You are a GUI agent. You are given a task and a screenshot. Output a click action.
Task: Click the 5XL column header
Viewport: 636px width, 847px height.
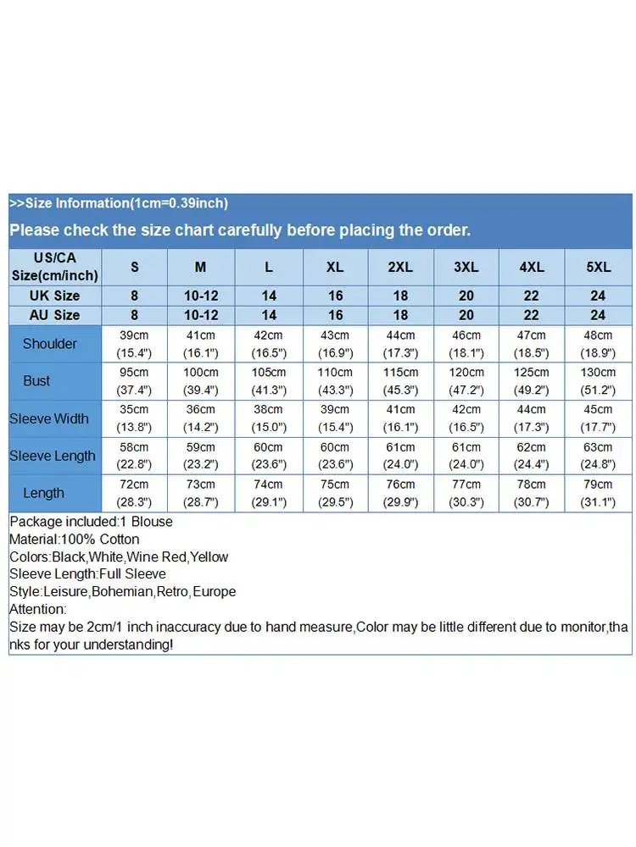click(598, 267)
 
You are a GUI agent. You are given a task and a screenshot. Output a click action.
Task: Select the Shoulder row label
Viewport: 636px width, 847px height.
click(49, 344)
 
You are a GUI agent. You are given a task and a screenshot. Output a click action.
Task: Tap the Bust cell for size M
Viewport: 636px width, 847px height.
click(200, 381)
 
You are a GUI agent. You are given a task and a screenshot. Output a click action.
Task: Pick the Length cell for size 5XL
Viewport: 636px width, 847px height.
click(598, 493)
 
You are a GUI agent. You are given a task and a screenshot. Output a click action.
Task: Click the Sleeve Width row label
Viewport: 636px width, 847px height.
click(49, 418)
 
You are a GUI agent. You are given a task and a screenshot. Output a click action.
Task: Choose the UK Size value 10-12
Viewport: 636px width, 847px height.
click(200, 296)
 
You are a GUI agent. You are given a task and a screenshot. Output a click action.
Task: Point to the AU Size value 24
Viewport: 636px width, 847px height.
click(598, 315)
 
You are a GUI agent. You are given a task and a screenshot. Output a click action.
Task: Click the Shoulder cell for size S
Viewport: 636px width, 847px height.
click(134, 344)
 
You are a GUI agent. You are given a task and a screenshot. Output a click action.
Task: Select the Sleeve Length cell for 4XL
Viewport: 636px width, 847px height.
click(532, 456)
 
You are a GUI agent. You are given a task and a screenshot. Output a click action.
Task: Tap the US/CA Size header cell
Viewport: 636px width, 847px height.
click(54, 267)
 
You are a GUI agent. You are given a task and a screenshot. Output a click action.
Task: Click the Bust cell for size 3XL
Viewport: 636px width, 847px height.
click(466, 381)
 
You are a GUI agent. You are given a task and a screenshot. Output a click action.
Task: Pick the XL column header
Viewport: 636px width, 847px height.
click(334, 267)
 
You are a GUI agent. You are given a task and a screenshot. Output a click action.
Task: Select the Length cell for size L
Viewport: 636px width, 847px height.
click(268, 493)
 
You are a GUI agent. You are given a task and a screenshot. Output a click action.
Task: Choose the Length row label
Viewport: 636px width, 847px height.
click(43, 493)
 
